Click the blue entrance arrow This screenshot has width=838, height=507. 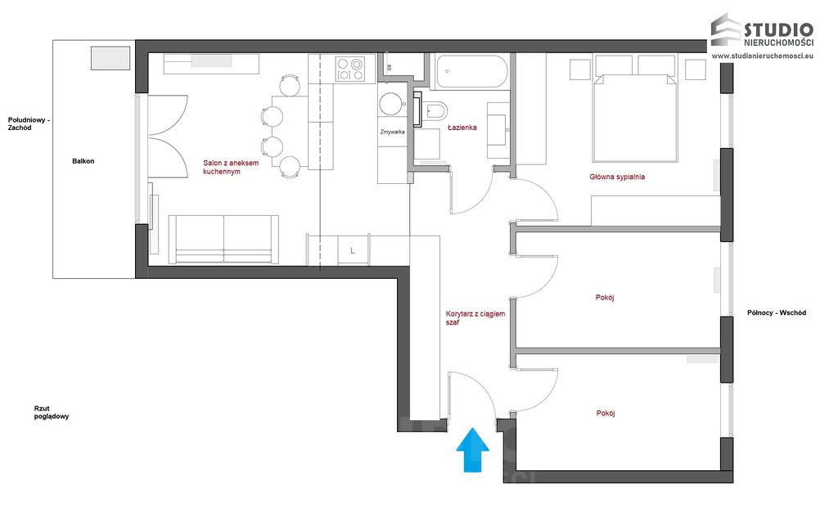[x=472, y=450]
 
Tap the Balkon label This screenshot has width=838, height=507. [x=83, y=161]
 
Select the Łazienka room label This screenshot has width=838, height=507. [x=462, y=128]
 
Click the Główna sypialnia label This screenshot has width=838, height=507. [x=617, y=177]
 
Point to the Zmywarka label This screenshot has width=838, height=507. [x=393, y=132]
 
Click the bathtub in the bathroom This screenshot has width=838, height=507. [x=471, y=72]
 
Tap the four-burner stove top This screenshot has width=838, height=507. [x=349, y=70]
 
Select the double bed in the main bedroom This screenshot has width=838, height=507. [x=635, y=118]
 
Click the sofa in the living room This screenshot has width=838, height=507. [x=224, y=240]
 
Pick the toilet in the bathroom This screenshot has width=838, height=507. [x=434, y=111]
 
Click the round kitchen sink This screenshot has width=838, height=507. [x=391, y=104]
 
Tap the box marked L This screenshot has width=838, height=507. [x=353, y=250]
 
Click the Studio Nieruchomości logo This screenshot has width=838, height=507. [x=762, y=30]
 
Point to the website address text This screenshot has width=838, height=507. [x=763, y=55]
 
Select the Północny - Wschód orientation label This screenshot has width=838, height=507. [x=777, y=312]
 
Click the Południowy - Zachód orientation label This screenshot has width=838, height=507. [x=29, y=124]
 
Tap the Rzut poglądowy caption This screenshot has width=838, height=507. [x=52, y=412]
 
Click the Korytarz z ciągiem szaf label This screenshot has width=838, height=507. [x=475, y=318]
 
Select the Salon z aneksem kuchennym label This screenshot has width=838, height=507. [x=231, y=167]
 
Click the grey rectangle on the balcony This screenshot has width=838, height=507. [x=110, y=58]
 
